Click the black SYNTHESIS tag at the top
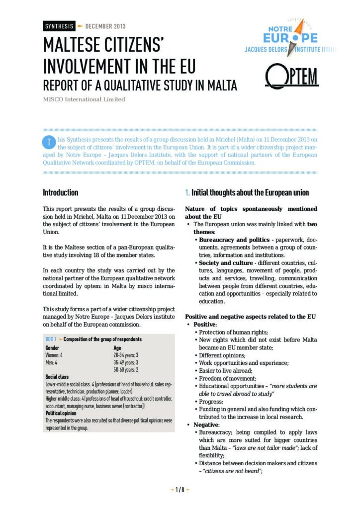[x=59, y=26]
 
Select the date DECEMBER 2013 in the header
[x=105, y=26]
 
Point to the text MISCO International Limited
[x=84, y=99]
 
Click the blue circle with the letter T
[x=49, y=142]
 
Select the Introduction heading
[x=60, y=192]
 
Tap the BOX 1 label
[x=50, y=339]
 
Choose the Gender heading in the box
[x=52, y=348]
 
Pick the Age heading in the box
[x=118, y=348]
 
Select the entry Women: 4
[x=54, y=355]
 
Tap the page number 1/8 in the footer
[x=180, y=490]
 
